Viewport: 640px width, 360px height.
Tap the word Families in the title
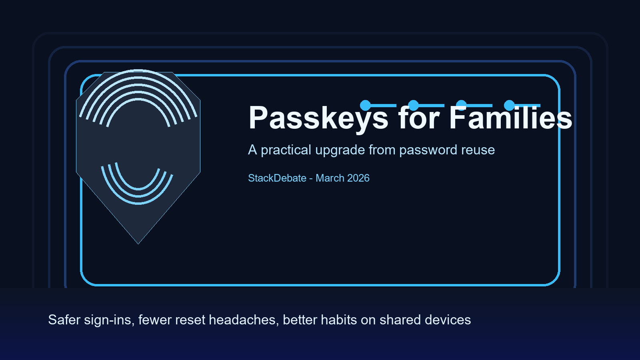[x=510, y=118]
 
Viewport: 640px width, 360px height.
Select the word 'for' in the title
[x=418, y=118]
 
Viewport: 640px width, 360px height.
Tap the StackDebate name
[x=277, y=178]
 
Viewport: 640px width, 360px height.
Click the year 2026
[x=358, y=178]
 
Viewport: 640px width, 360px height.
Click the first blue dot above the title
[x=365, y=105]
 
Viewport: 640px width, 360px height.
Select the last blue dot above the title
[x=509, y=105]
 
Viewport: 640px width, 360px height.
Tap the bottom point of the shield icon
[x=138, y=243]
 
